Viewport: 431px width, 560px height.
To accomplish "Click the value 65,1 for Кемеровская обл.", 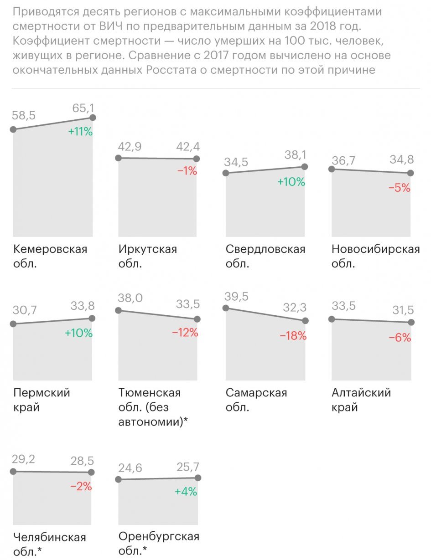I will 83,108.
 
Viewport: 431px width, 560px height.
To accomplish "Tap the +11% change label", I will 80,132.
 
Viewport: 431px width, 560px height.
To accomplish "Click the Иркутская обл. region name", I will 147,256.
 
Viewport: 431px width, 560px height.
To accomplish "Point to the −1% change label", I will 187,171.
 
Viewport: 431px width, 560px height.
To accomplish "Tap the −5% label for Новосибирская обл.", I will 400,187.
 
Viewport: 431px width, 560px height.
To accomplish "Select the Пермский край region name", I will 42,399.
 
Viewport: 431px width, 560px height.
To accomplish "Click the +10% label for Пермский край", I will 78,333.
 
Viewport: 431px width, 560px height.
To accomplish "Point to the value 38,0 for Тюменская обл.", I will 130,298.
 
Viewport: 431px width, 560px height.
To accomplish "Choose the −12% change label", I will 185,333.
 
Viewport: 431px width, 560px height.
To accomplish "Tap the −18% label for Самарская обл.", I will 293,336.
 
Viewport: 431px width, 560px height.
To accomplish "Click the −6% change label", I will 400,338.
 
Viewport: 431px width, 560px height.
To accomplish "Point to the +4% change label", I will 186,492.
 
